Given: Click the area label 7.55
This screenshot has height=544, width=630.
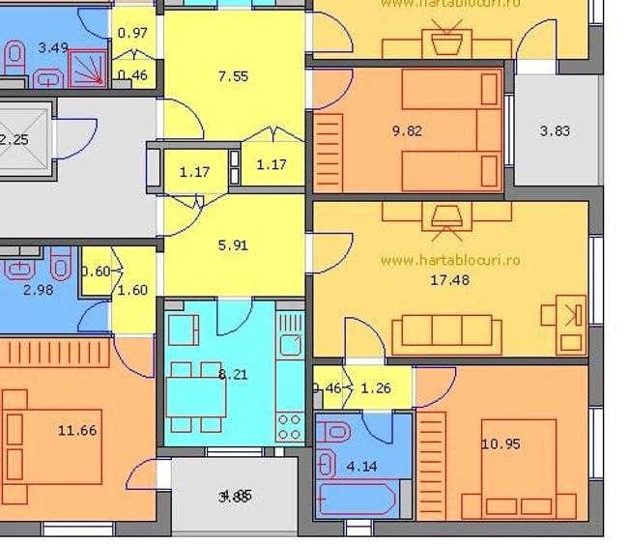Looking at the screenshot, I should [234, 75].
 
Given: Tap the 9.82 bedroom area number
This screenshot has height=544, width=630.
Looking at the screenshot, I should [407, 131].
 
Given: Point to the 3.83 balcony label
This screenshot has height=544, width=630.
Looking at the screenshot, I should [555, 131].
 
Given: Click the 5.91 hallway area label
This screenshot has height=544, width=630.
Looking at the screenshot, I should [233, 245].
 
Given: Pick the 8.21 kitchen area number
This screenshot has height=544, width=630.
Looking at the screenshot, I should [234, 374].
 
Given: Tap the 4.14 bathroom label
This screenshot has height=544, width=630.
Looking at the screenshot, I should [361, 467].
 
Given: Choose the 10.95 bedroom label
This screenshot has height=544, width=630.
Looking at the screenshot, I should [501, 444].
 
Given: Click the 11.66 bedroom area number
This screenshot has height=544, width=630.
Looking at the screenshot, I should [77, 430].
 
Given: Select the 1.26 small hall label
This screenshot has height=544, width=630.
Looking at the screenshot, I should [375, 390].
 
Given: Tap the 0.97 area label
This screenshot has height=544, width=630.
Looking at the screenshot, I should [132, 33].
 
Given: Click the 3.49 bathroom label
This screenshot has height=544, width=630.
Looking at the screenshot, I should [53, 46].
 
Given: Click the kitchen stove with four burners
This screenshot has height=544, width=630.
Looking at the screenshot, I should [289, 425].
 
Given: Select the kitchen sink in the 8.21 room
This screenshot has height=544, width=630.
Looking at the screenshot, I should [289, 343].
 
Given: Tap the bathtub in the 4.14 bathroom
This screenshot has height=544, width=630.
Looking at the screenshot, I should [356, 500].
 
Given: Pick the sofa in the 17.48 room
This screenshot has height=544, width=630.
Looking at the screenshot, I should [446, 333].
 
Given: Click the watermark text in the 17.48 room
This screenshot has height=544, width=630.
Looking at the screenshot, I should [450, 260].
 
